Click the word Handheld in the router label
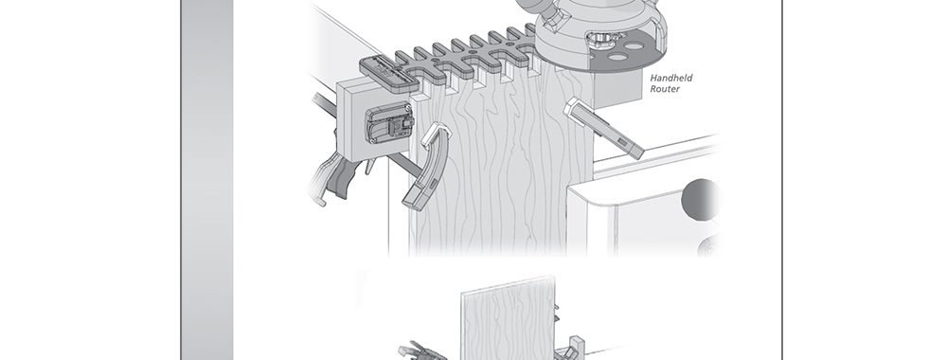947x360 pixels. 671,78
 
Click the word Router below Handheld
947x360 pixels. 665,89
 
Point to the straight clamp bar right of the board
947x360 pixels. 604,129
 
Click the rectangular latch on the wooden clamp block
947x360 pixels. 388,122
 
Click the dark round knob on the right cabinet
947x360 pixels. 701,199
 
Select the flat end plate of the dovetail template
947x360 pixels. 390,72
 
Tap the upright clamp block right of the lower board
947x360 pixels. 572,348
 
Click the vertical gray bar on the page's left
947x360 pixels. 207,180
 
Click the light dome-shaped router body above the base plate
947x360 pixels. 601,27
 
